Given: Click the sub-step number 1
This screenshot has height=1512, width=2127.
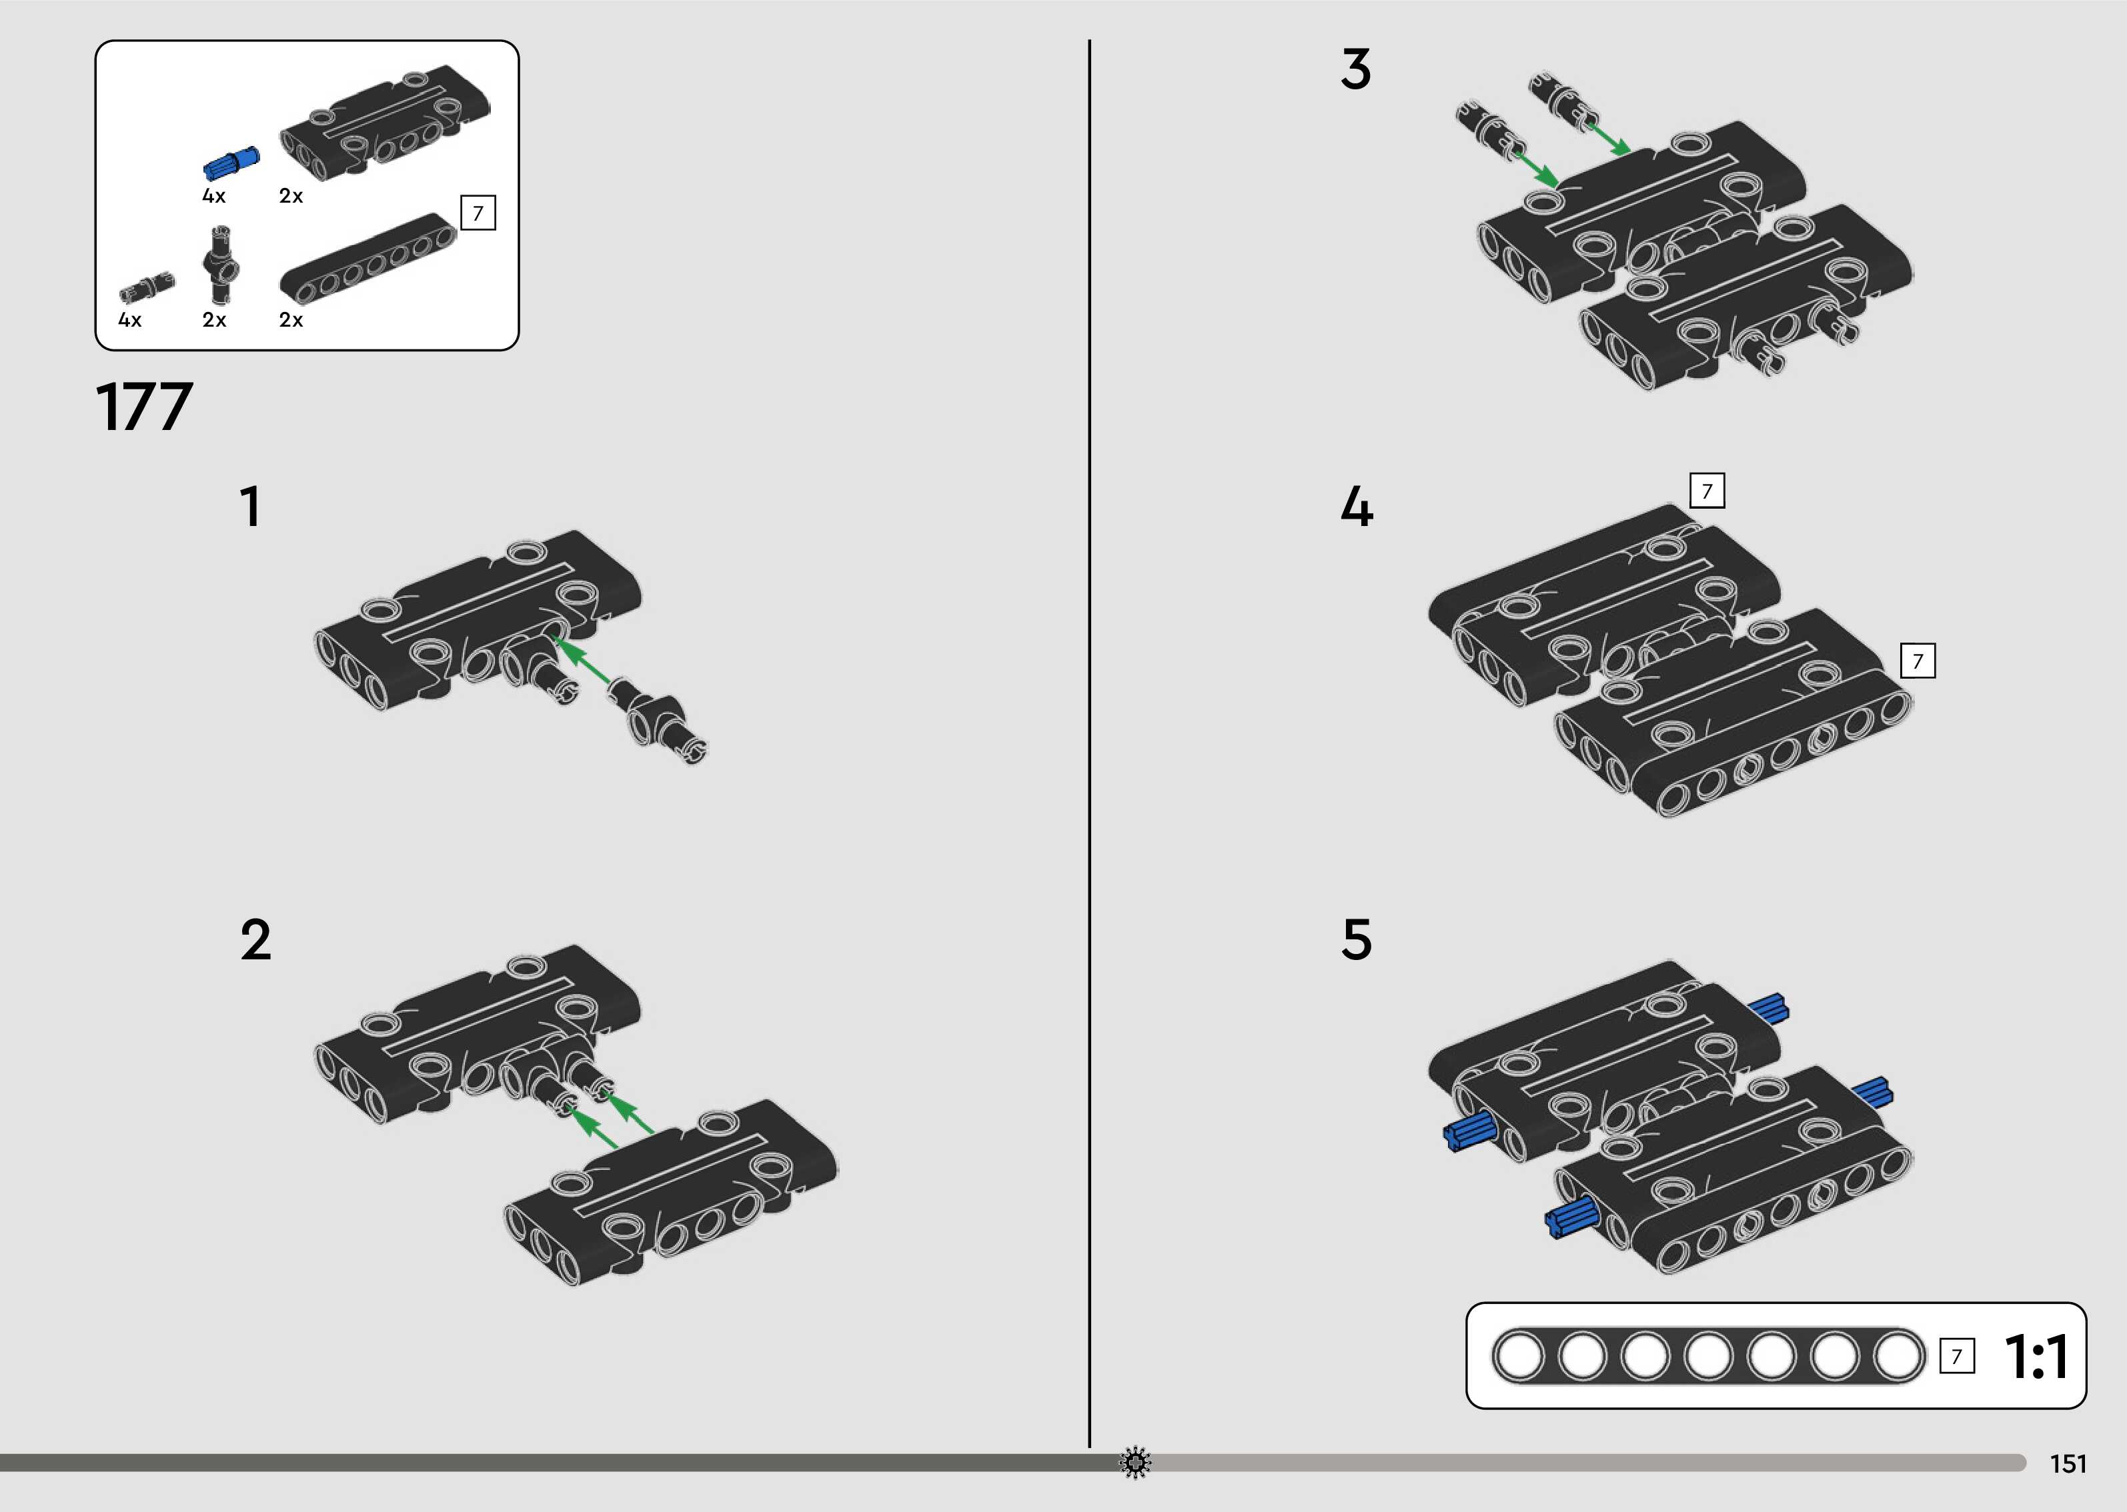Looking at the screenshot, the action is click(x=249, y=507).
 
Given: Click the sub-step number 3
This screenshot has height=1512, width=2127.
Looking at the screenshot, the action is click(x=1356, y=70).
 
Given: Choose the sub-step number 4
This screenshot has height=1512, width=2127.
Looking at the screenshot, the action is click(x=1357, y=507).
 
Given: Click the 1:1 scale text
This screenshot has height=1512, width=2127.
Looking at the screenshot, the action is click(x=2037, y=1357).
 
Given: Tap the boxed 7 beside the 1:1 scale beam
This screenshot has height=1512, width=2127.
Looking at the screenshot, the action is click(x=1956, y=1357).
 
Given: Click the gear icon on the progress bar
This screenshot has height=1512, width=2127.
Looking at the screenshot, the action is click(x=1135, y=1463).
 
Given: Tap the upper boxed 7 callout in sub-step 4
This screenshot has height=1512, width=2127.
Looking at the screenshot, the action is click(x=1707, y=491).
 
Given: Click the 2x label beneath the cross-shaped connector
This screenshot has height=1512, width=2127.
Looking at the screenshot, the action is click(x=214, y=320).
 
